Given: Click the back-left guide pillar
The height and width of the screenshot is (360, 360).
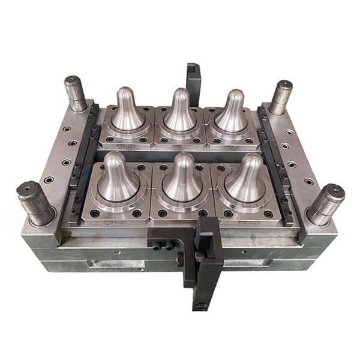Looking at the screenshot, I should (x=76, y=93).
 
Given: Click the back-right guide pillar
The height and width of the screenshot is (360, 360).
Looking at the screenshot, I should (x=280, y=96).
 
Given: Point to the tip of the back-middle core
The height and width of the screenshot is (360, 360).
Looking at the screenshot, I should (x=181, y=93).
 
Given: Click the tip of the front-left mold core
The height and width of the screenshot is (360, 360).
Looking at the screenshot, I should (x=114, y=158).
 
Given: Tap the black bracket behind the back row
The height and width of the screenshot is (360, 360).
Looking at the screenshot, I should (x=194, y=78).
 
